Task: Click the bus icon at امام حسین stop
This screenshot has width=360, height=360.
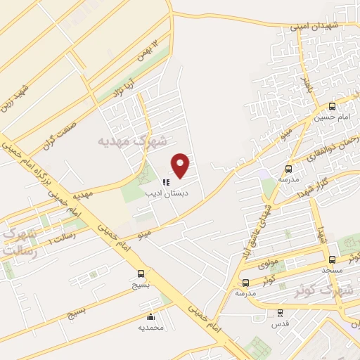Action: (x=332, y=106)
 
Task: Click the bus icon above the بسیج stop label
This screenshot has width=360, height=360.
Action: (x=141, y=274)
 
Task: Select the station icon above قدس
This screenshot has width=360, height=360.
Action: (x=280, y=313)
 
